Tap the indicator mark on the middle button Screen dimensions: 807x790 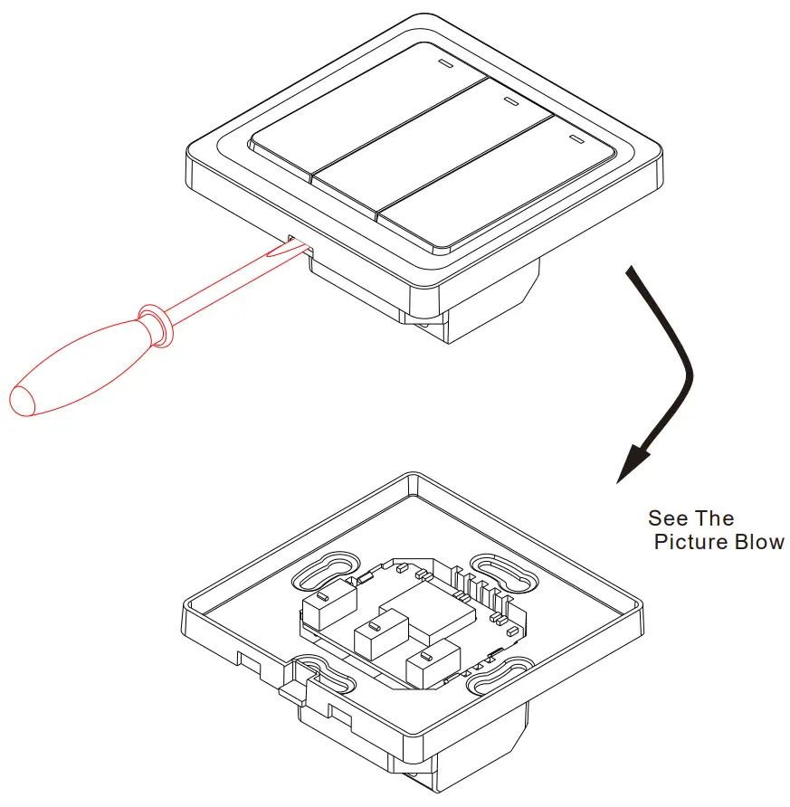510,101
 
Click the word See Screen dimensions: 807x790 667,519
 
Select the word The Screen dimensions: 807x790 715,519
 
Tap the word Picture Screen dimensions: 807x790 690,543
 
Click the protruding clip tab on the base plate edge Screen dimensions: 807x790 290,693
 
